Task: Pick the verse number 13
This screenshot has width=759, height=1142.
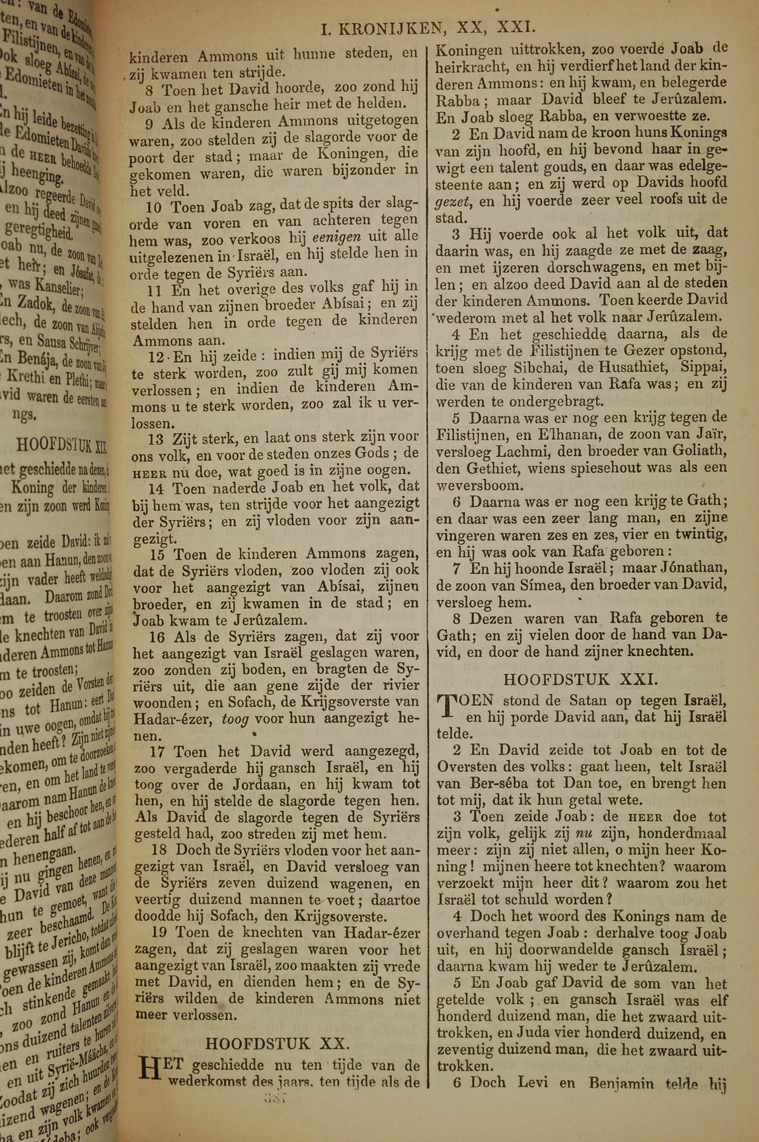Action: coord(156,438)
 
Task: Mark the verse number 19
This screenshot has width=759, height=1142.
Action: coord(159,932)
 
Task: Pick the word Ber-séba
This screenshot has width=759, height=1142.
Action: coord(498,783)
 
